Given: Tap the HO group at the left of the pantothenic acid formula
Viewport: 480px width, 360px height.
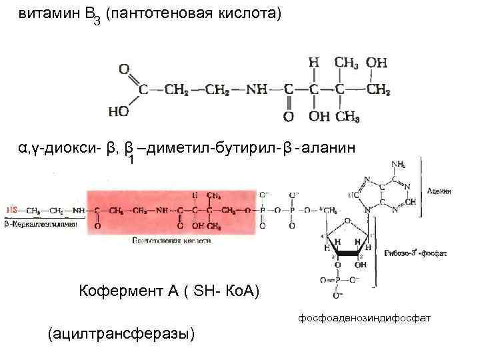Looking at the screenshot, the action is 119,111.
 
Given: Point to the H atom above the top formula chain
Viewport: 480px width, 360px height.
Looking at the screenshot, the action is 313,62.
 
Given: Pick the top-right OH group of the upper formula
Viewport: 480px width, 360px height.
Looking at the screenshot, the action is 377,62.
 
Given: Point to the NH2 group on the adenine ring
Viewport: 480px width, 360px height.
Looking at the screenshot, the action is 399,164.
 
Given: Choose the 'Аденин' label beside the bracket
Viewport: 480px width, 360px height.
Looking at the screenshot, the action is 439,191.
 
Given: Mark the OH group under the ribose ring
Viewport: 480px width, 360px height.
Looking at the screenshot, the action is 360,265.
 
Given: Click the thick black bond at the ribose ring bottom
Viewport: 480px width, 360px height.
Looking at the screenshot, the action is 349,254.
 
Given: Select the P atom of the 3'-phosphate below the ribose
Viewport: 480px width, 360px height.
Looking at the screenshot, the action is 338,281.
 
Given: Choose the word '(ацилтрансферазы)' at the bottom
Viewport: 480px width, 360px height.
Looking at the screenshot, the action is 122,333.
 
